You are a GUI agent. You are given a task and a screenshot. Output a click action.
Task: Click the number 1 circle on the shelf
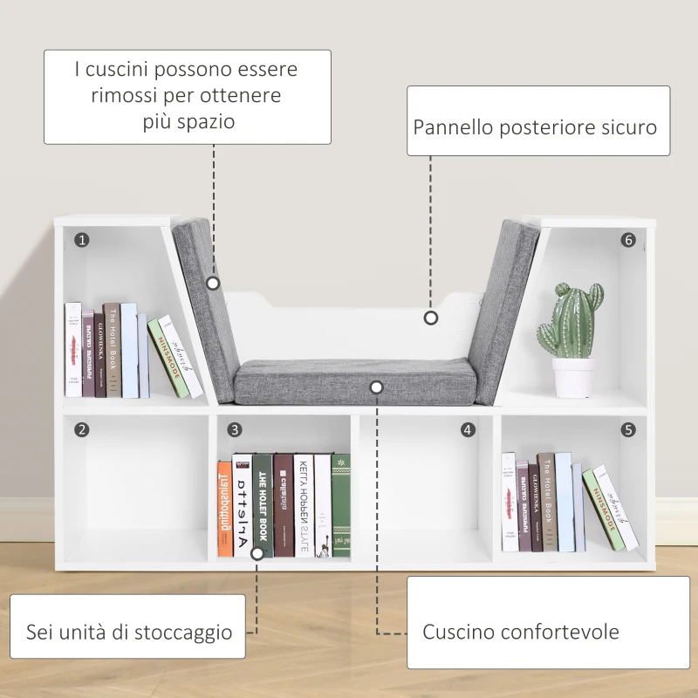click(x=81, y=239)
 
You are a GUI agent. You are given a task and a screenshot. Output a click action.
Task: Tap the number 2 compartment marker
click(x=81, y=429)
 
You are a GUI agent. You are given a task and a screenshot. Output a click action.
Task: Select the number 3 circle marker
click(x=235, y=429)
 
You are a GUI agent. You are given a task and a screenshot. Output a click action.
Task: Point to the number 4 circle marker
click(x=469, y=429)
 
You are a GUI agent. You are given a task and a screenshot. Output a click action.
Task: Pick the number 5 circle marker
click(x=628, y=429)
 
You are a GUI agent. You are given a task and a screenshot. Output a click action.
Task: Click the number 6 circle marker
click(x=628, y=239)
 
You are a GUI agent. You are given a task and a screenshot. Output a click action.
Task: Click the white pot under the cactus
click(x=573, y=377)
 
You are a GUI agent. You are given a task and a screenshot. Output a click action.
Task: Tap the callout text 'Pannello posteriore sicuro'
click(x=535, y=127)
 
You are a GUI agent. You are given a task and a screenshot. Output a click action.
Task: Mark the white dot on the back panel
click(x=430, y=318)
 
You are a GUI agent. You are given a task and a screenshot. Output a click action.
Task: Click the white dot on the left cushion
click(x=213, y=283)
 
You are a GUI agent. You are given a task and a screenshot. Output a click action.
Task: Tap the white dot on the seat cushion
click(x=376, y=386)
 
